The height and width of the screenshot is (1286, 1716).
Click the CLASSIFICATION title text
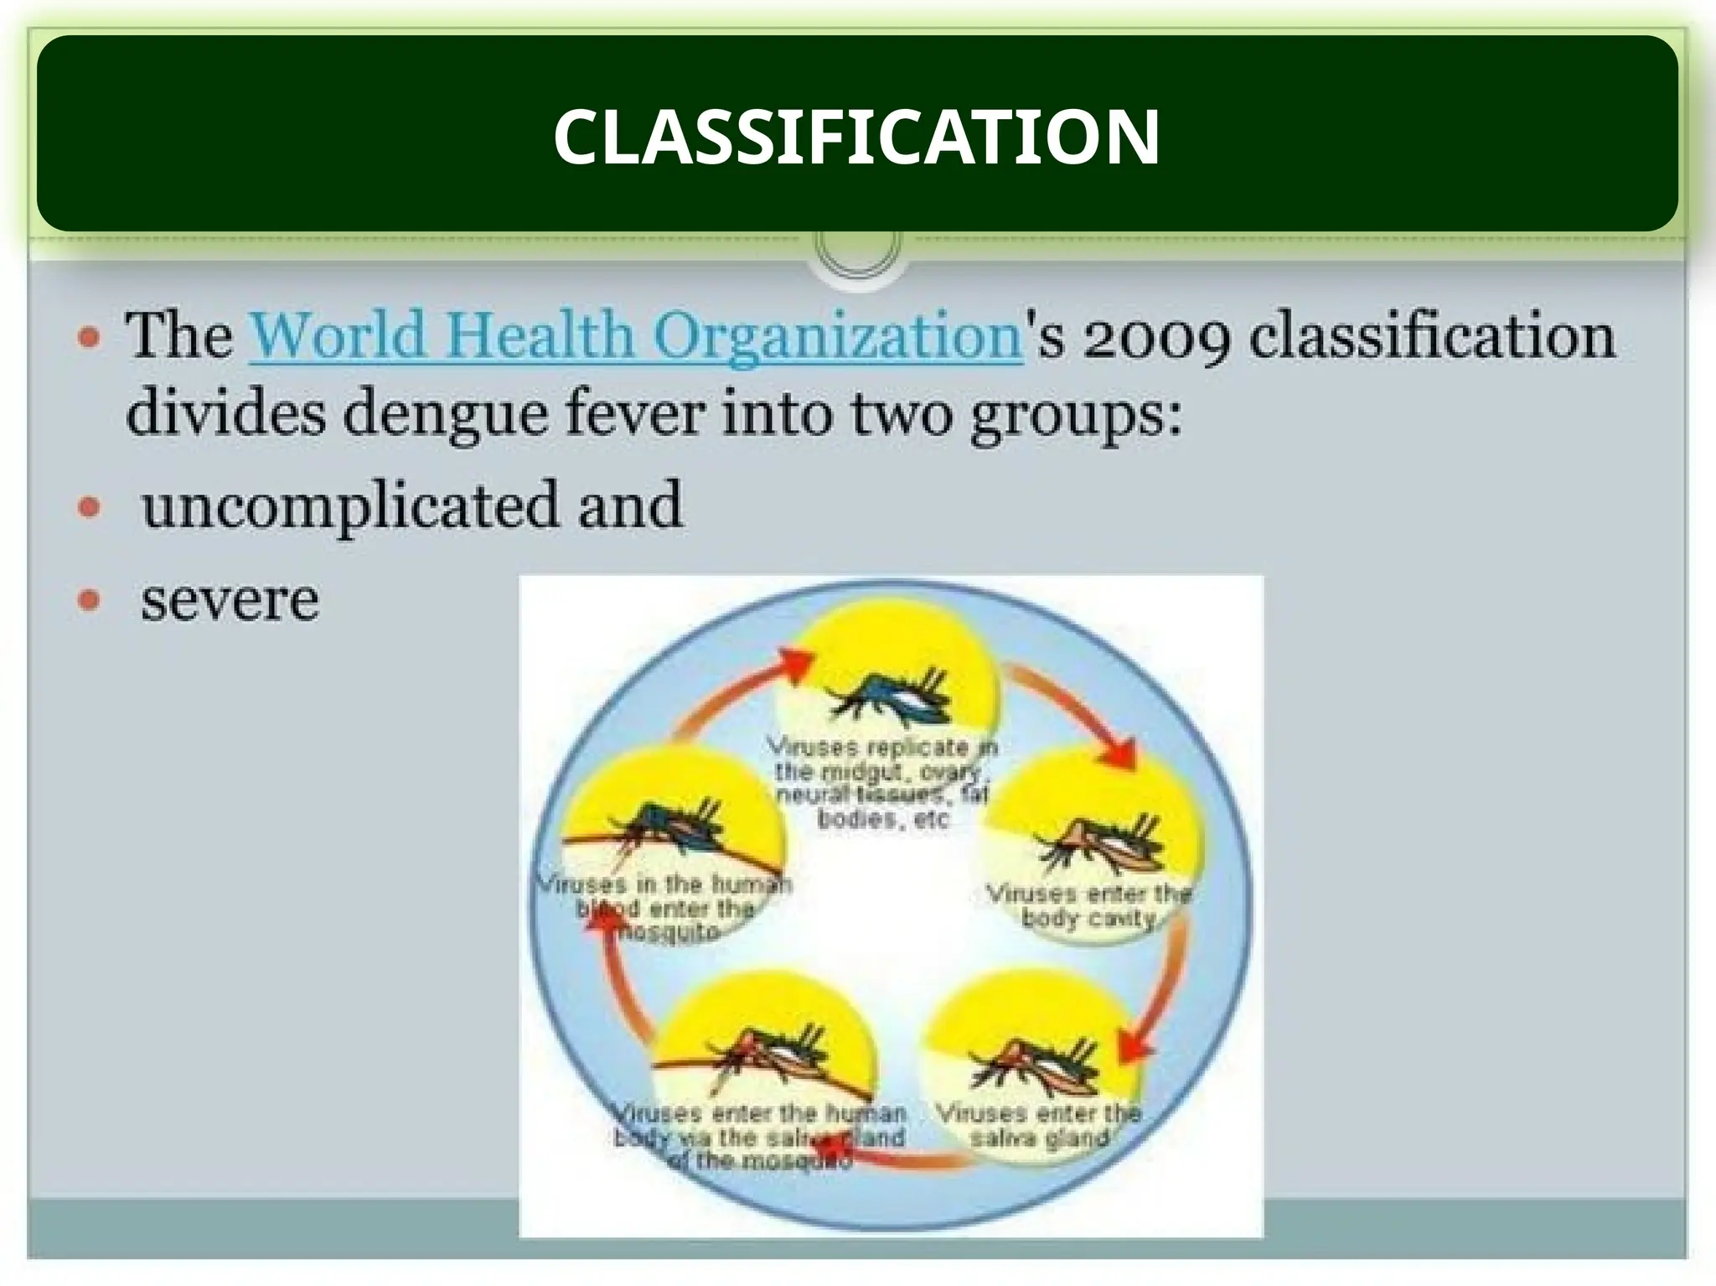click(856, 137)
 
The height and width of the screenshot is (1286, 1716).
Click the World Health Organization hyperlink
click(635, 336)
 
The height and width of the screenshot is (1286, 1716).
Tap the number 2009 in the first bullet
click(1157, 336)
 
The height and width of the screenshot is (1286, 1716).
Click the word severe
click(230, 600)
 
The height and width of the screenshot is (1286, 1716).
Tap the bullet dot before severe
click(89, 600)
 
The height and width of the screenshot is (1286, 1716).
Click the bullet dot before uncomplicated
click(89, 506)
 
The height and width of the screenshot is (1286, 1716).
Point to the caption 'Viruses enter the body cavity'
click(1088, 905)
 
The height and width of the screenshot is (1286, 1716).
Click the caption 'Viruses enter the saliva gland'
click(1039, 1125)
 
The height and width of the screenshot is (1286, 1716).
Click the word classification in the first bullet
click(1431, 336)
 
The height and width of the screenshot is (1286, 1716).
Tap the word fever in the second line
click(633, 414)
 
